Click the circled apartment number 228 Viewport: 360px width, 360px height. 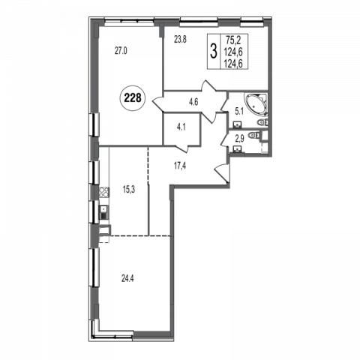tap(133, 97)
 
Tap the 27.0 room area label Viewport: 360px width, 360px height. tap(121, 51)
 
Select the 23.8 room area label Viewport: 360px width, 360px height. tap(180, 40)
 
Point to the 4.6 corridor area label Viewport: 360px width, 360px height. tap(193, 102)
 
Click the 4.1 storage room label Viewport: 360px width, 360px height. tap(181, 127)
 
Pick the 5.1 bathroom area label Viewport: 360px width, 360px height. tap(239, 112)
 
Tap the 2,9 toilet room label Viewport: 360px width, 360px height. tap(239, 139)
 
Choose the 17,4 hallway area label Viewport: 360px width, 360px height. tap(180, 166)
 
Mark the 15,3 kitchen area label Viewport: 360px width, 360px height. tap(129, 190)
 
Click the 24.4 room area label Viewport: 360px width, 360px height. tap(127, 278)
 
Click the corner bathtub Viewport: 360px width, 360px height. tap(256, 104)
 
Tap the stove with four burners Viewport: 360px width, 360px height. tap(104, 193)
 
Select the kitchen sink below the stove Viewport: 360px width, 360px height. tap(104, 212)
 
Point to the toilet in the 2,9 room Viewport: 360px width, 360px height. tap(253, 135)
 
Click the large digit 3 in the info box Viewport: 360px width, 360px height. tap(213, 51)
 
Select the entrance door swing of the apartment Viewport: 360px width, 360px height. tap(222, 173)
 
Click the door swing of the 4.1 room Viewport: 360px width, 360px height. tap(181, 148)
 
